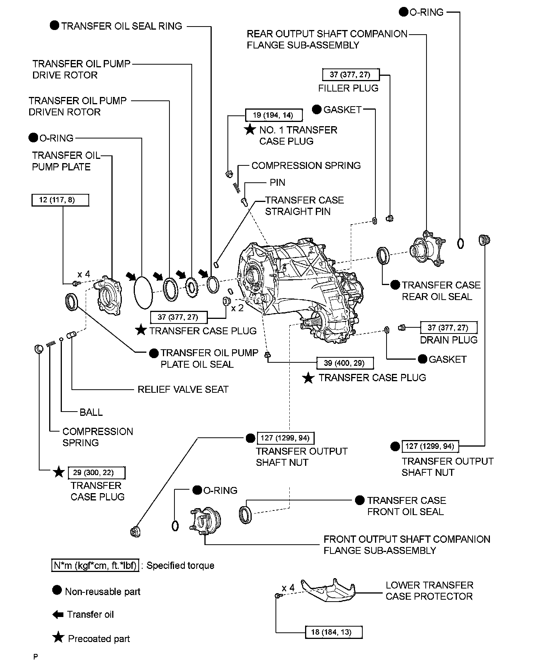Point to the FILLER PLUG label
[348, 88]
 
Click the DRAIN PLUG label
[448, 340]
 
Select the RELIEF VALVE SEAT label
[183, 389]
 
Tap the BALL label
[91, 412]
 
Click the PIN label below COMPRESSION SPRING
[277, 182]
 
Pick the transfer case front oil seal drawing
[246, 515]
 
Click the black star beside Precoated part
[58, 638]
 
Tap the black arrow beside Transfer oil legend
[58, 615]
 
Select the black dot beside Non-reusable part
[57, 591]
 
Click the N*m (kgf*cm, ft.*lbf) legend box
[95, 566]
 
